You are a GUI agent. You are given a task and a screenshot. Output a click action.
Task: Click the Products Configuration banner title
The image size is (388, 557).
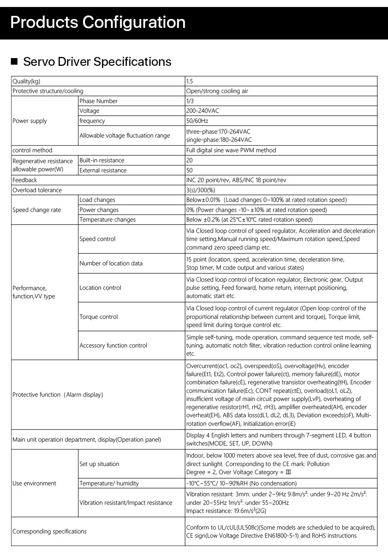98,22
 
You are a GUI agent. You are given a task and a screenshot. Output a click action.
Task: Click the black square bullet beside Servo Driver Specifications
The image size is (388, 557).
14,62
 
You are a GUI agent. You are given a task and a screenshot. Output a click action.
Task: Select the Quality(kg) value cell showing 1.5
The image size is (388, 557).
190,81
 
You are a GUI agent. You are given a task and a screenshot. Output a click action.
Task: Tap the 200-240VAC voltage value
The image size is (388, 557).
203,111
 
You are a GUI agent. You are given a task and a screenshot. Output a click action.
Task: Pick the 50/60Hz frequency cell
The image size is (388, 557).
197,121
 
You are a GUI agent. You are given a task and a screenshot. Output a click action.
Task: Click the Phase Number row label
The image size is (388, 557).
99,101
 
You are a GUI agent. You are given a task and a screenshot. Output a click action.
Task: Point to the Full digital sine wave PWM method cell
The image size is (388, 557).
231,150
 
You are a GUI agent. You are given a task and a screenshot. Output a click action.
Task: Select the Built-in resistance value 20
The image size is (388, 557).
190,160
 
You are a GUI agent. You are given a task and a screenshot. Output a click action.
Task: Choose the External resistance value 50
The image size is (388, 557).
190,170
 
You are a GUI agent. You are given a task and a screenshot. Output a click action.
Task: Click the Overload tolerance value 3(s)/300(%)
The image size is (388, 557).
201,190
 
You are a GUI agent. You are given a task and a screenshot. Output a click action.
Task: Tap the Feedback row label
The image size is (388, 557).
25,180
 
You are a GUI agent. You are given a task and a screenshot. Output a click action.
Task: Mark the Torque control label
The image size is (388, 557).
99,317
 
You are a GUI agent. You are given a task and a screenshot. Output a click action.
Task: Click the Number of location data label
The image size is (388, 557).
111,263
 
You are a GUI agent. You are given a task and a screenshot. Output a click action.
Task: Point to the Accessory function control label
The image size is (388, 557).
113,346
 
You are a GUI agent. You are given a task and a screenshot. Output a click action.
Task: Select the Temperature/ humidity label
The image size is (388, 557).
109,483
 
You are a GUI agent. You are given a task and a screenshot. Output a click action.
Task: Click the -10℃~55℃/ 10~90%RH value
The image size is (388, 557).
241,483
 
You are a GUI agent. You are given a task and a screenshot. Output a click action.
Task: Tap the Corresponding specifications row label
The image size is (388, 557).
50,531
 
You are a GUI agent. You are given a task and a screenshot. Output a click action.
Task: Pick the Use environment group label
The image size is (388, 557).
34,483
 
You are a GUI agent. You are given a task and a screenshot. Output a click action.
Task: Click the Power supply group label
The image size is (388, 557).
29,121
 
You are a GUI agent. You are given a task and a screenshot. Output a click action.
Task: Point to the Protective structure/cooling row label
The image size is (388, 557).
48,91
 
